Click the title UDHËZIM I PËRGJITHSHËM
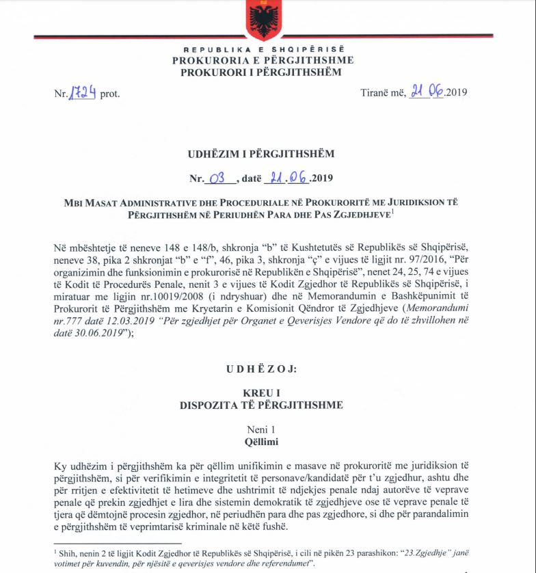click(262, 155)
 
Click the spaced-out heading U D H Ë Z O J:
click(262, 369)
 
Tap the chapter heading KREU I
click(262, 394)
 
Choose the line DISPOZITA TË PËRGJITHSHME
click(262, 405)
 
